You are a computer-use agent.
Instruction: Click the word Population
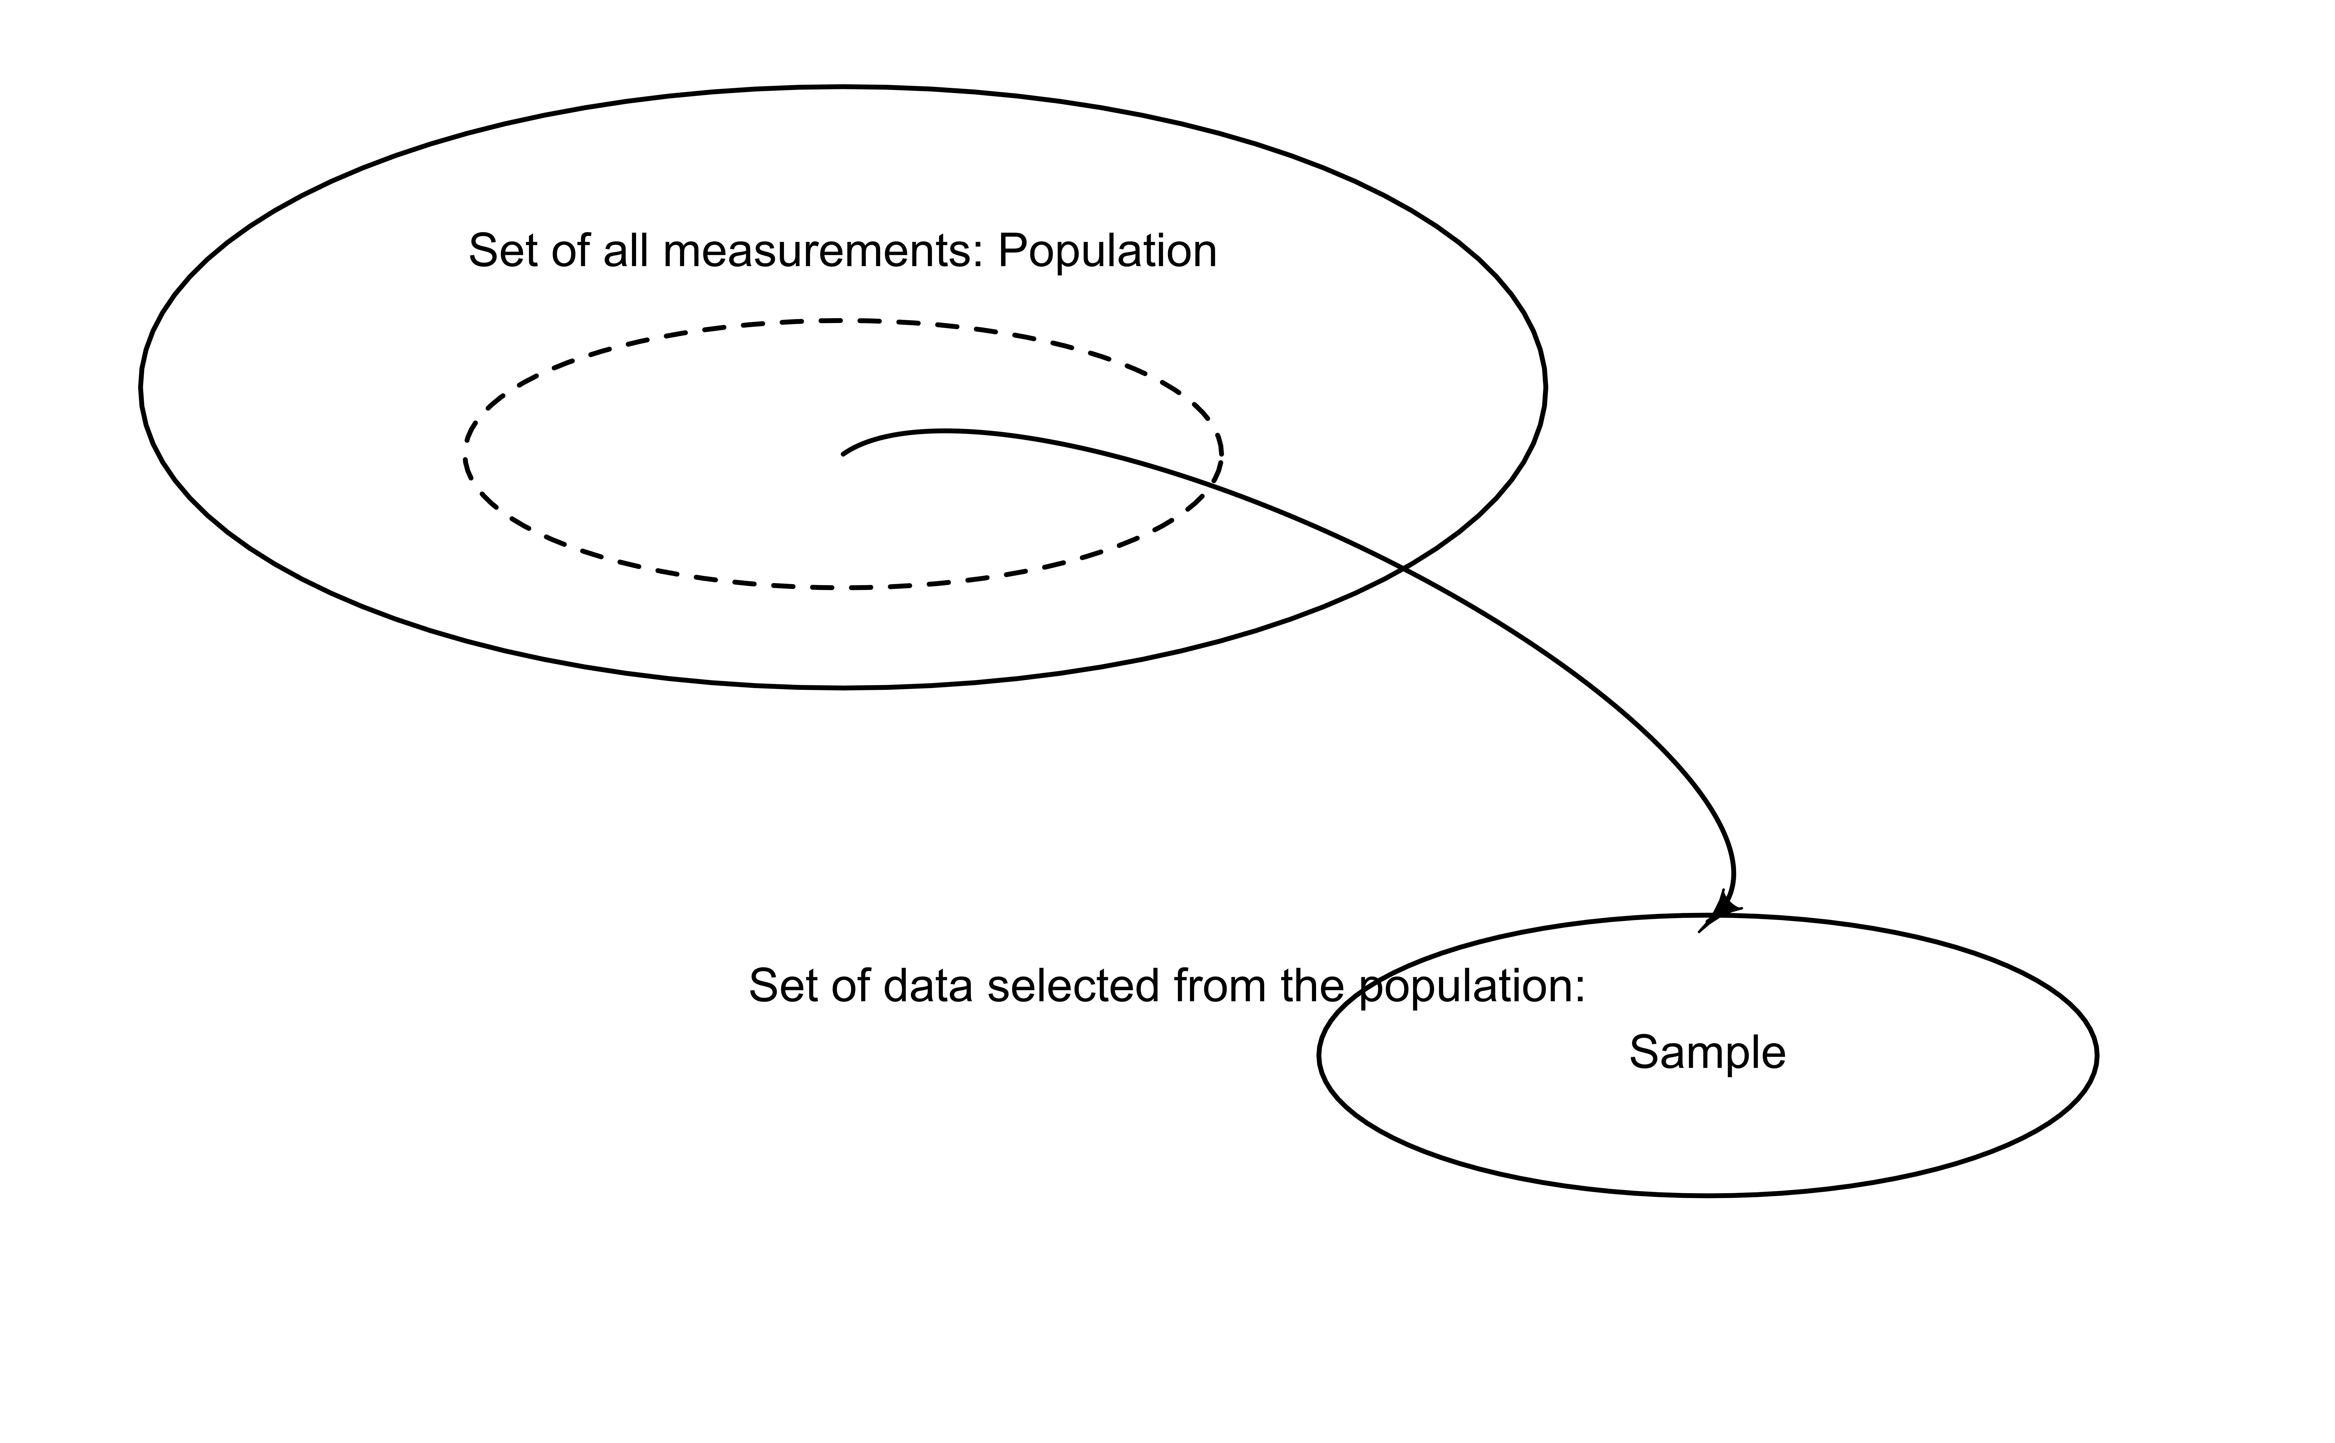coord(1107,252)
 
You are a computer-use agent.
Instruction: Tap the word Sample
coord(1706,1053)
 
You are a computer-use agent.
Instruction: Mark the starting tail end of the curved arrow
coord(844,454)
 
